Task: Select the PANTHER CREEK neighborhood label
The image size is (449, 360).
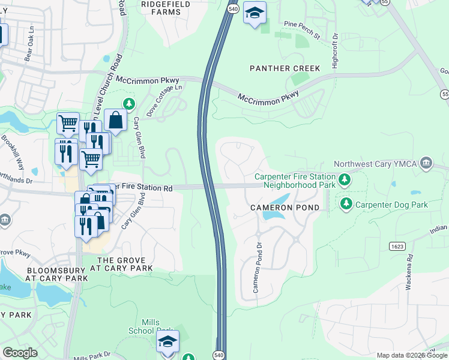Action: coord(285,68)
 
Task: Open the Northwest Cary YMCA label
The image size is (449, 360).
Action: coord(375,163)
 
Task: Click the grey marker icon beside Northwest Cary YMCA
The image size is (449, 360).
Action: coord(426,163)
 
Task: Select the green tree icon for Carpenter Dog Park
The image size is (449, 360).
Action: coord(346,205)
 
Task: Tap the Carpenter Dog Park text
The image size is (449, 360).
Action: coord(391,205)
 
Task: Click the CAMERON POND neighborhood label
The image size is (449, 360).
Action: coord(285,207)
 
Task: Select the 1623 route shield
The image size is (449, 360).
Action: coord(396,246)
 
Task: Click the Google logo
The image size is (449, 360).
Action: coord(20,353)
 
